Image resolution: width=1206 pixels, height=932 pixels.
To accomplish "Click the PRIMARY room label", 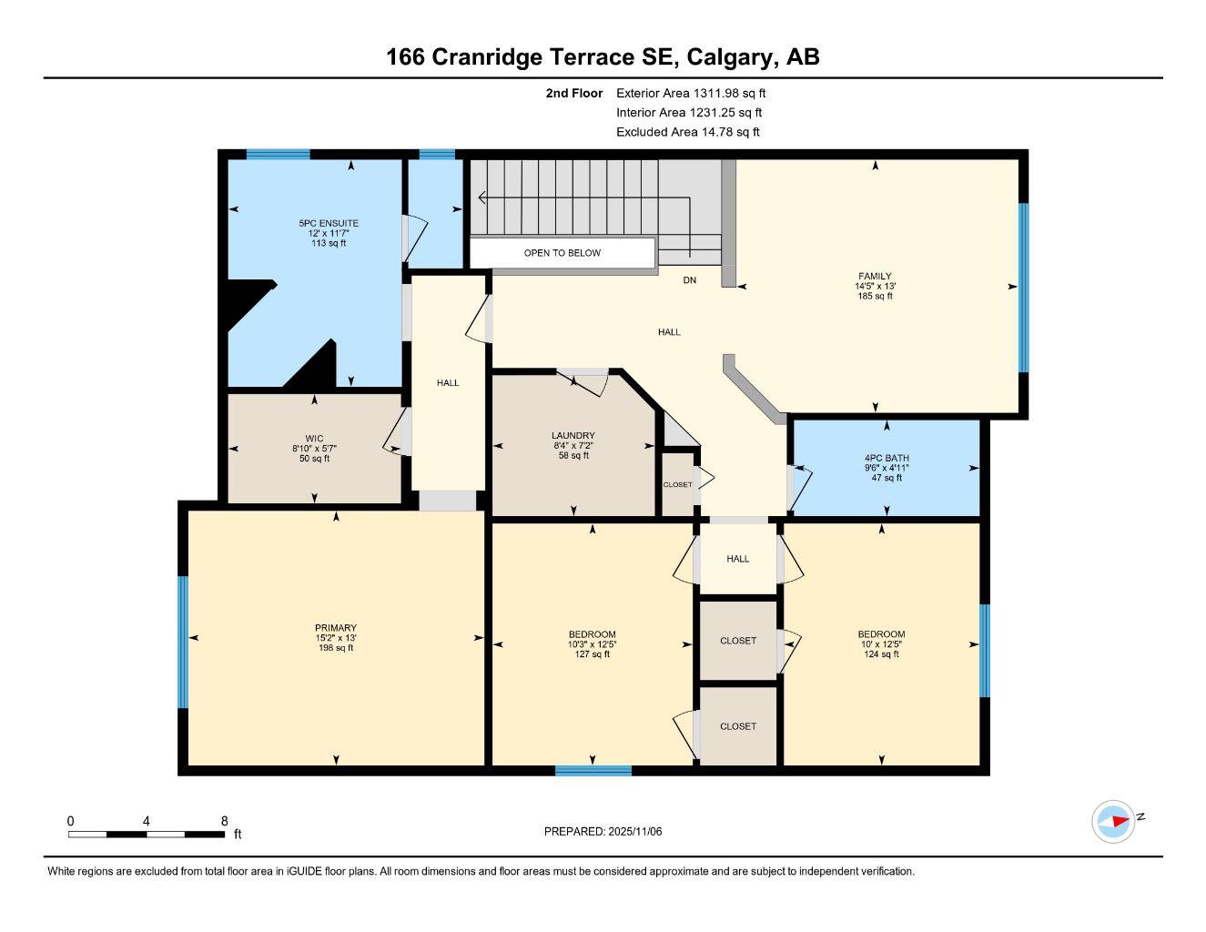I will click(336, 628).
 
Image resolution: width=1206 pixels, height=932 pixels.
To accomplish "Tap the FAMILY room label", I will click(875, 276).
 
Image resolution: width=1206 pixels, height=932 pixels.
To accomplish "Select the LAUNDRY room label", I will click(573, 436).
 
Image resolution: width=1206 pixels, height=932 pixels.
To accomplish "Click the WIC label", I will click(314, 439).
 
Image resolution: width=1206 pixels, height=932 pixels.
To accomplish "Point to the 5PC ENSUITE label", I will click(328, 223).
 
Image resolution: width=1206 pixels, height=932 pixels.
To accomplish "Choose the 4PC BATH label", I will click(887, 459).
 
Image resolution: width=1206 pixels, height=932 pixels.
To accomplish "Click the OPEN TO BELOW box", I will click(562, 253).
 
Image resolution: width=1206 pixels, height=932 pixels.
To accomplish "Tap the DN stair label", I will click(690, 280).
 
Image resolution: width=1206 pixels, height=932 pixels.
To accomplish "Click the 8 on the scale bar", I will click(224, 821).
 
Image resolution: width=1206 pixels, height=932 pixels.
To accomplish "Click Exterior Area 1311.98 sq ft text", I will click(691, 93).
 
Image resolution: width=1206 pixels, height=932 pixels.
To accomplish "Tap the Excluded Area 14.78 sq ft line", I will click(687, 132).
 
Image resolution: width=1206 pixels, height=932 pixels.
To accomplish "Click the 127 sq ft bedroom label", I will click(592, 653).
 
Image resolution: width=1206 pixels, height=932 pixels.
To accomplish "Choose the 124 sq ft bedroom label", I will click(881, 653).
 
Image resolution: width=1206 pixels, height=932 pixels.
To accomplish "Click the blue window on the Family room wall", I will click(1023, 288).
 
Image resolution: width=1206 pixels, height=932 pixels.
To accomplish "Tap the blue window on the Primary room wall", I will click(182, 642).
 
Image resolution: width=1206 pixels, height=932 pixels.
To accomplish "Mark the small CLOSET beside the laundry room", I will click(677, 485).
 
